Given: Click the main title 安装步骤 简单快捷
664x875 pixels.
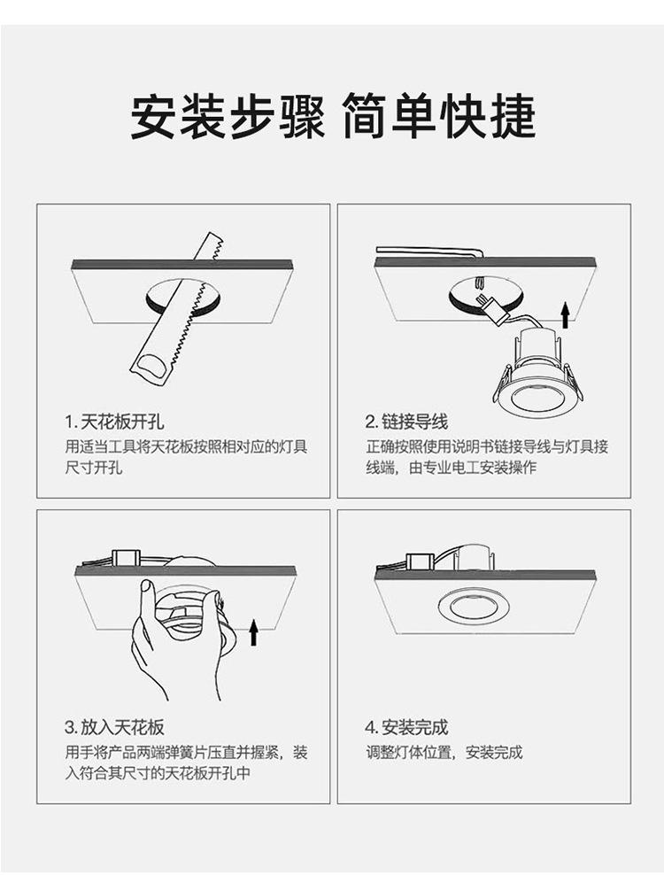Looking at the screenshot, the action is click(333, 116).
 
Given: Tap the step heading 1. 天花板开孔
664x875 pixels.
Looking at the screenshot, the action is click(114, 422).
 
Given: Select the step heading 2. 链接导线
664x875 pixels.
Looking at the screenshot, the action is click(406, 422).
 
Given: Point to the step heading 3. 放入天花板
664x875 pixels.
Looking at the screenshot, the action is click(114, 727).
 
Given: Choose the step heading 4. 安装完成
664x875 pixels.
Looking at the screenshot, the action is click(406, 727).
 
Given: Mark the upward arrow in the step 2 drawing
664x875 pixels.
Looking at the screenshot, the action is click(566, 315).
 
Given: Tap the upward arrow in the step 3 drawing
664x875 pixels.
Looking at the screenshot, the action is click(254, 631).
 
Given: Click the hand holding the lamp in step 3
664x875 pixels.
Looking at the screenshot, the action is click(173, 642).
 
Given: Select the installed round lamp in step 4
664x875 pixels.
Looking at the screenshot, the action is click(474, 607).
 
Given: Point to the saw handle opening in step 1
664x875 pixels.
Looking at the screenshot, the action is click(151, 368).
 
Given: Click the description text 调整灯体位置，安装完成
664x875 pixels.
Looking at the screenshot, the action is click(444, 752).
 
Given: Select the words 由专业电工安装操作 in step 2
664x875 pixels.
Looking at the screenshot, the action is click(473, 467).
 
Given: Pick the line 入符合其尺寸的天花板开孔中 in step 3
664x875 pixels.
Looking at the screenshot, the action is click(158, 773).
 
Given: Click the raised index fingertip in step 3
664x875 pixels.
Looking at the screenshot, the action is click(146, 586).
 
